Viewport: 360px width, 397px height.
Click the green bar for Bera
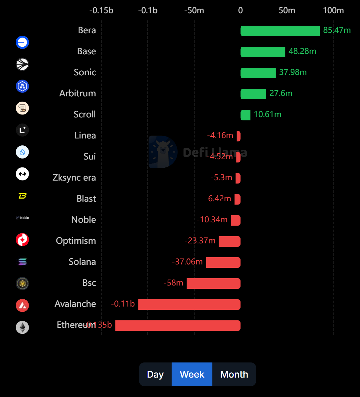coord(280,31)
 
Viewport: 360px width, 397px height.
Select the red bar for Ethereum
coord(178,326)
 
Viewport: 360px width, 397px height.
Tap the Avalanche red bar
coord(189,305)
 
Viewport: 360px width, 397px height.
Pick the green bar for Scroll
coord(246,115)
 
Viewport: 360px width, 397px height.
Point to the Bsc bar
coord(213,284)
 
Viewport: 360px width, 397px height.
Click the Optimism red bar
coord(229,241)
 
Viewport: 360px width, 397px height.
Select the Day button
coord(155,374)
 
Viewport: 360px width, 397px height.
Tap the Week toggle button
coord(192,374)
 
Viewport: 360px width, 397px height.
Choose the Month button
coord(234,374)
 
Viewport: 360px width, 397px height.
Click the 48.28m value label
coord(302,51)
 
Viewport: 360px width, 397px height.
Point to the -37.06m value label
coord(187,262)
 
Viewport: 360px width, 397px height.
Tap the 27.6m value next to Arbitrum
coord(281,93)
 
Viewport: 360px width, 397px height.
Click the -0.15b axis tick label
coord(101,11)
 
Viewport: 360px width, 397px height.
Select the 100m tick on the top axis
coord(333,11)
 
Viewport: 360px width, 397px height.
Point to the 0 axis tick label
coord(240,11)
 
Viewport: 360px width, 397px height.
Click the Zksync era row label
coord(74,178)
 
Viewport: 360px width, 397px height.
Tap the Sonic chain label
coord(85,72)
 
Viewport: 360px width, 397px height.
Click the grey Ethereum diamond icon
coord(22,327)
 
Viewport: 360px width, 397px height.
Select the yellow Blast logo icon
coord(22,196)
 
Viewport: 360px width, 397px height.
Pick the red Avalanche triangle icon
coord(22,306)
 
